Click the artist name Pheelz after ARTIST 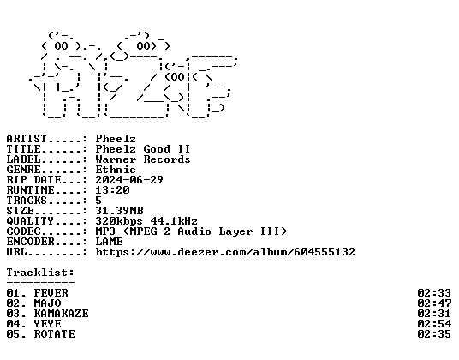[x=116, y=139]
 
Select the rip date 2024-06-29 [x=129, y=179]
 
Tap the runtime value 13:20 [x=112, y=190]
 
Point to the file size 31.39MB [x=119, y=211]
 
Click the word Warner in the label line [x=116, y=159]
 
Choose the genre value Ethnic [x=116, y=170]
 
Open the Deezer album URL [x=225, y=252]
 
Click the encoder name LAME [x=110, y=242]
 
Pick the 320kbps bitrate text [x=119, y=221]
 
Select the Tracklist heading [x=40, y=273]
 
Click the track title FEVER [x=51, y=293]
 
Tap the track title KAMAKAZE [x=61, y=314]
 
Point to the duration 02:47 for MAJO [x=434, y=303]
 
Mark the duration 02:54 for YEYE [x=434, y=324]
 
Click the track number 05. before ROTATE [x=16, y=334]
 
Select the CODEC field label [x=23, y=231]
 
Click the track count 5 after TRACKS [x=98, y=201]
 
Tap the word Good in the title [x=157, y=149]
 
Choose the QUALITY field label [x=30, y=221]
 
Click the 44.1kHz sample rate [x=174, y=221]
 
